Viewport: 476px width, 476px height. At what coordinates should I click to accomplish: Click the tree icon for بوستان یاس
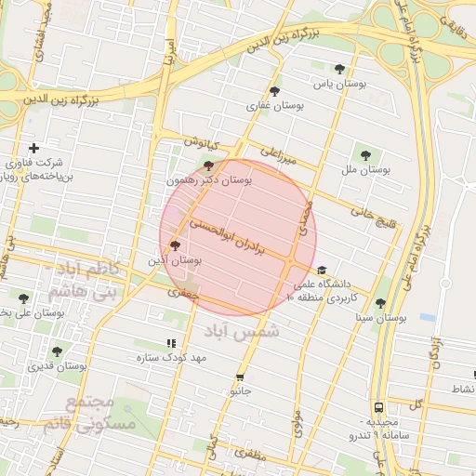pyautogui.click(x=339, y=68)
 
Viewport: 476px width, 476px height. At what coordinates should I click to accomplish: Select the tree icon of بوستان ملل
pyautogui.click(x=364, y=155)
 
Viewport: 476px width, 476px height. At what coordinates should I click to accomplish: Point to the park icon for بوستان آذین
pyautogui.click(x=176, y=245)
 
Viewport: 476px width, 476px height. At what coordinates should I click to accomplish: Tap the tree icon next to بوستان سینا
pyautogui.click(x=379, y=303)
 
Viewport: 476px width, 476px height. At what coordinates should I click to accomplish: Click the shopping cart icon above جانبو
pyautogui.click(x=241, y=377)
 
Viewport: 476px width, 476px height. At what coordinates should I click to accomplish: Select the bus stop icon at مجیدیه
pyautogui.click(x=378, y=407)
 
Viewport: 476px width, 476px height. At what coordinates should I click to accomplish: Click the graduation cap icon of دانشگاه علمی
pyautogui.click(x=322, y=270)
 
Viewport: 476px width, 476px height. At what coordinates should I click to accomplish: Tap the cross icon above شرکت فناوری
pyautogui.click(x=34, y=149)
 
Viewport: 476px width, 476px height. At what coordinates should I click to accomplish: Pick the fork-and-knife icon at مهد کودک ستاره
pyautogui.click(x=169, y=343)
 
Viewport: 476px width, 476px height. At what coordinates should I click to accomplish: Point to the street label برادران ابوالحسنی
pyautogui.click(x=228, y=236)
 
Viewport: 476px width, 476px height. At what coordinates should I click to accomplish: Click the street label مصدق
pyautogui.click(x=304, y=218)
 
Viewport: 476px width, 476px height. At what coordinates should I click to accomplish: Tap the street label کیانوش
pyautogui.click(x=199, y=143)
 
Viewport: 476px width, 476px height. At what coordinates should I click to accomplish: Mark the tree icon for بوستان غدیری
pyautogui.click(x=57, y=351)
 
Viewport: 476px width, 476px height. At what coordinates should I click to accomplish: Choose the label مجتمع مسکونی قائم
pyautogui.click(x=91, y=414)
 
